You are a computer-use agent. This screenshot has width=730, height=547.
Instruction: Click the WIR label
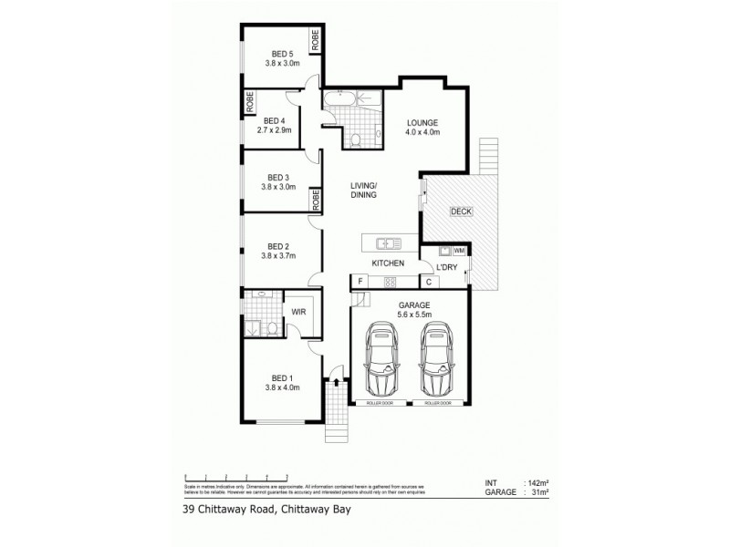[297, 313]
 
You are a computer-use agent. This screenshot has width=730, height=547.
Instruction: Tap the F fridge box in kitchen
[360, 282]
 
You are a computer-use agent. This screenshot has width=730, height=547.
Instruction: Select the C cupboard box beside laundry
[427, 282]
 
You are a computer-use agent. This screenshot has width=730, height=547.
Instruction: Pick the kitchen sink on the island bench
[389, 243]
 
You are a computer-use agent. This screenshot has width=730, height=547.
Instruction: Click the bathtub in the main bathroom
[345, 98]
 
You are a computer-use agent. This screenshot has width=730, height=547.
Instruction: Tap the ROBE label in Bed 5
[315, 41]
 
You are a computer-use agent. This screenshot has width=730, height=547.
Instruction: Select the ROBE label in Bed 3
[315, 199]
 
